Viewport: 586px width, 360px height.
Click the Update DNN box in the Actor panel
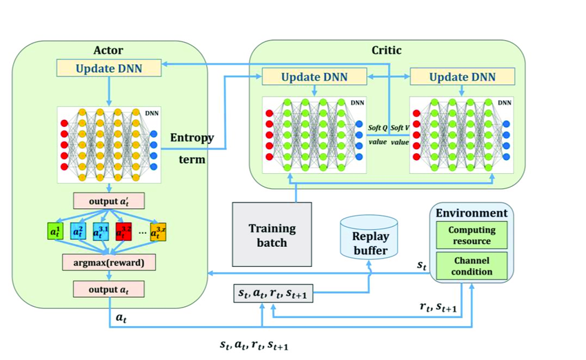(x=110, y=68)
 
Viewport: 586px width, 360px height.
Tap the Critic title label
(x=386, y=50)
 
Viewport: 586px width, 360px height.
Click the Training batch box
(x=272, y=234)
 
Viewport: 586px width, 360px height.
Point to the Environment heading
(x=472, y=213)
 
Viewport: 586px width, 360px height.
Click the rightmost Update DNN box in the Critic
(x=463, y=77)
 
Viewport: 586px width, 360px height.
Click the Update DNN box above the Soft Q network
(x=314, y=77)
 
